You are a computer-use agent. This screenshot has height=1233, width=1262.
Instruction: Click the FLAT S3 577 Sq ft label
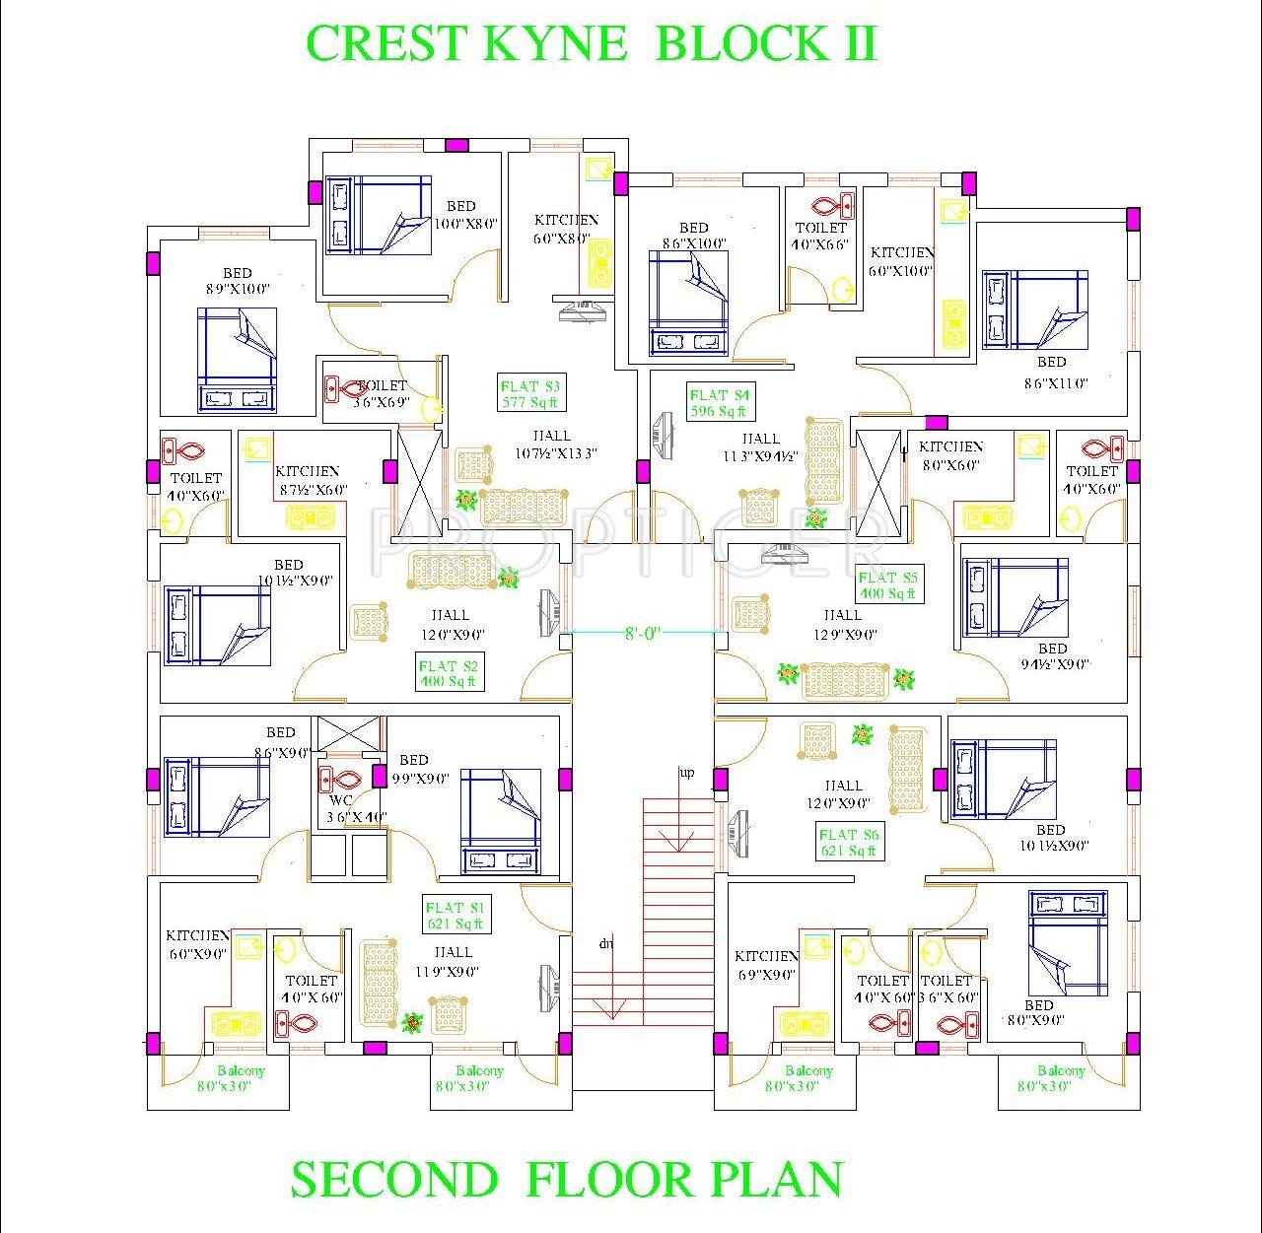click(x=529, y=394)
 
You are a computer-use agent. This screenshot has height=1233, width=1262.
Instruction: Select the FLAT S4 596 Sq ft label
click(x=719, y=403)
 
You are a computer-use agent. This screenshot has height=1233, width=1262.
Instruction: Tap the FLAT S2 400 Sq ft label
click(x=448, y=673)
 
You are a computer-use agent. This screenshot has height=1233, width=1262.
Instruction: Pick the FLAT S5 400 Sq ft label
click(x=887, y=585)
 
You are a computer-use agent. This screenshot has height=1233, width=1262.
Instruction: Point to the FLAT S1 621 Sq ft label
click(x=455, y=916)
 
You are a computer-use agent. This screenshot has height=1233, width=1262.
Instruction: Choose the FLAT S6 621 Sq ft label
click(x=848, y=843)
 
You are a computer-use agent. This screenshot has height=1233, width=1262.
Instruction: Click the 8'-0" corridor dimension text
click(x=642, y=633)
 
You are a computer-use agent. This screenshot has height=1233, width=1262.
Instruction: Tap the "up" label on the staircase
click(x=686, y=772)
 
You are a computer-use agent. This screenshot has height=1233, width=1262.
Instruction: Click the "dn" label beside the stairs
click(x=605, y=943)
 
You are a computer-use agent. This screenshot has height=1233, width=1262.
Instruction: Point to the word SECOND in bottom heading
click(x=394, y=1180)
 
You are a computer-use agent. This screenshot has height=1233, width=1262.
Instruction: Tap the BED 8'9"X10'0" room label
click(x=238, y=281)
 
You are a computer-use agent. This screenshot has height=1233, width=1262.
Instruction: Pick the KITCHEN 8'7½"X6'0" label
click(x=309, y=480)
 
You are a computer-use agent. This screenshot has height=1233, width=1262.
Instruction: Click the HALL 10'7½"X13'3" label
click(x=551, y=445)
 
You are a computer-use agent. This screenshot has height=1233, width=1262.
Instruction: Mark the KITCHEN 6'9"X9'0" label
click(x=766, y=966)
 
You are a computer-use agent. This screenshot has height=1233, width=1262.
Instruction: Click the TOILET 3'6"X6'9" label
click(x=381, y=394)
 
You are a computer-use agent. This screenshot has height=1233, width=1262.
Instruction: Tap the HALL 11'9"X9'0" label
click(x=453, y=962)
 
